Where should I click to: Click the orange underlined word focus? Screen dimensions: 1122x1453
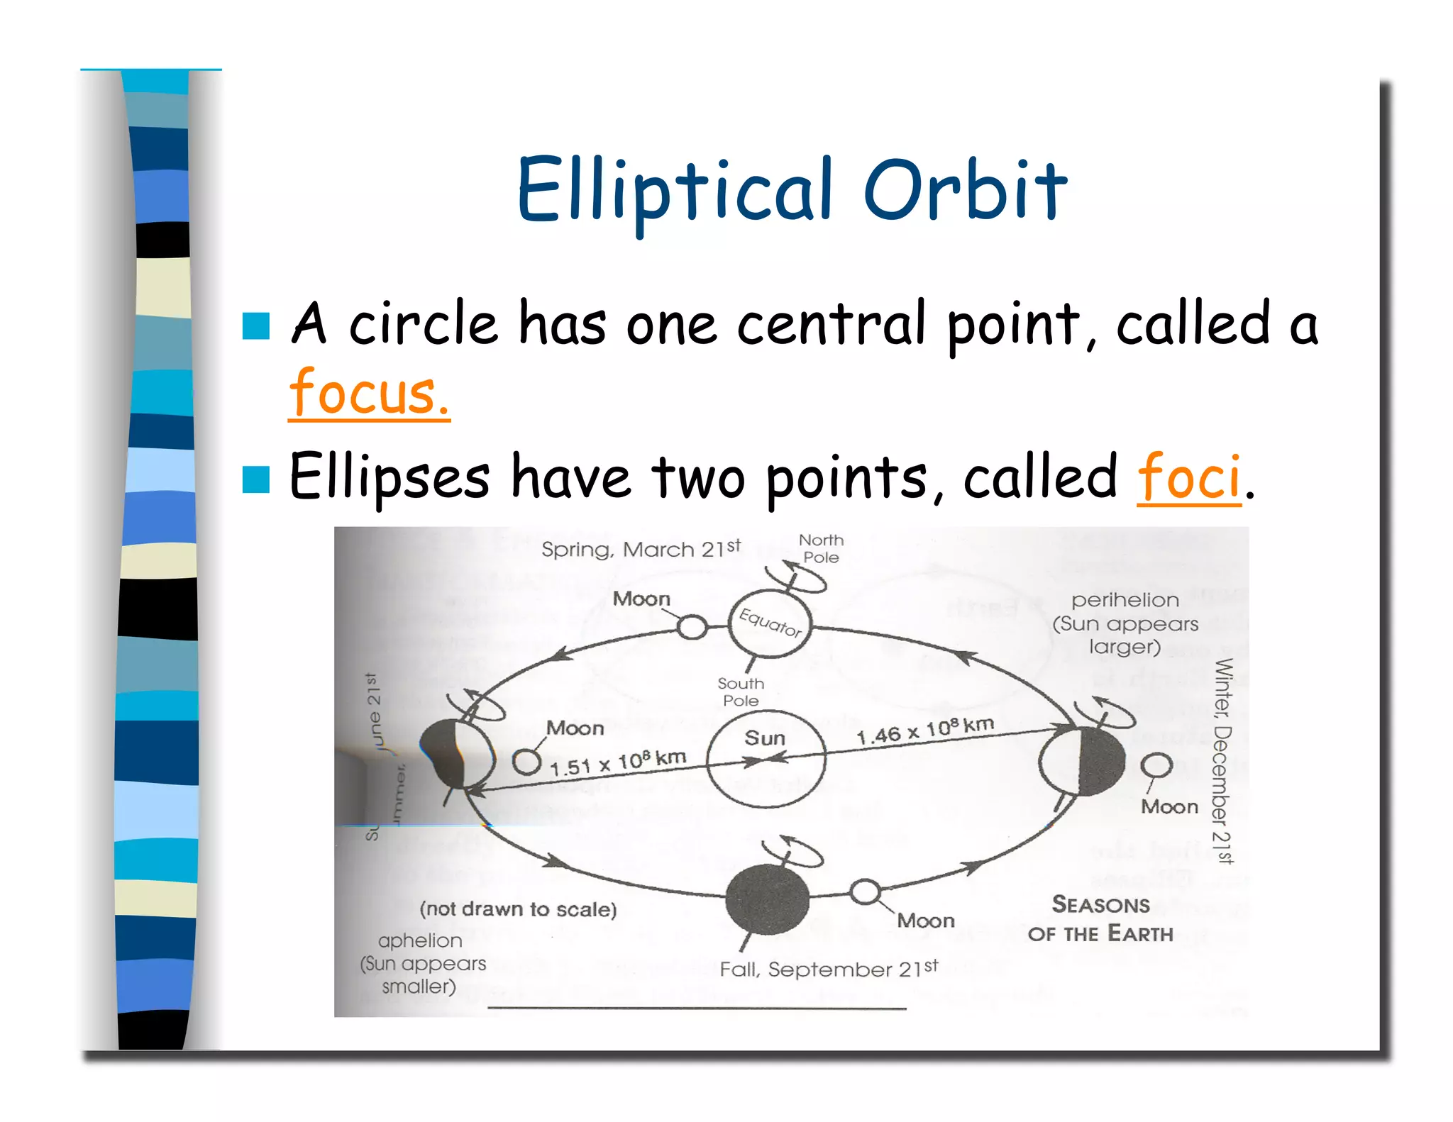(x=369, y=394)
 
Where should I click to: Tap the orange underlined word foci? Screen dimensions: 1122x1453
(x=1189, y=477)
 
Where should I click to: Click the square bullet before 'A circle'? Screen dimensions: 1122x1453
(x=255, y=326)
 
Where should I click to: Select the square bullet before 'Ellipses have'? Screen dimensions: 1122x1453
(x=255, y=479)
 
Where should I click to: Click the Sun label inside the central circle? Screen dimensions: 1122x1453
(x=765, y=738)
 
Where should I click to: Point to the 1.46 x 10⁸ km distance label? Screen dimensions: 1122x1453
(x=924, y=731)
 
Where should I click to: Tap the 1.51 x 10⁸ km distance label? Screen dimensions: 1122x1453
(x=617, y=762)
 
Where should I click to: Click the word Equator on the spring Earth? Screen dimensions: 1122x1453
(x=770, y=622)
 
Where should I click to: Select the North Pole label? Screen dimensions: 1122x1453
(x=821, y=549)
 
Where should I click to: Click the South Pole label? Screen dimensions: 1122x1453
(x=741, y=692)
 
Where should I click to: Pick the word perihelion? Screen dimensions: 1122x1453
(x=1125, y=601)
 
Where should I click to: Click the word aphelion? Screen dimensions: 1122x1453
(x=420, y=941)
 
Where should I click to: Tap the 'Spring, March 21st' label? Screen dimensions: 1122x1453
(x=641, y=549)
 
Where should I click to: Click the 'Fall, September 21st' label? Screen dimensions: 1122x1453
(x=828, y=969)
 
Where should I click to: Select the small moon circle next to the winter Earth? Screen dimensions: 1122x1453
(x=1156, y=765)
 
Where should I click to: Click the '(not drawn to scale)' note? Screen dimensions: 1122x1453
(x=518, y=909)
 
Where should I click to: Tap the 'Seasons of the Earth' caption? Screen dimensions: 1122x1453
(x=1101, y=919)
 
